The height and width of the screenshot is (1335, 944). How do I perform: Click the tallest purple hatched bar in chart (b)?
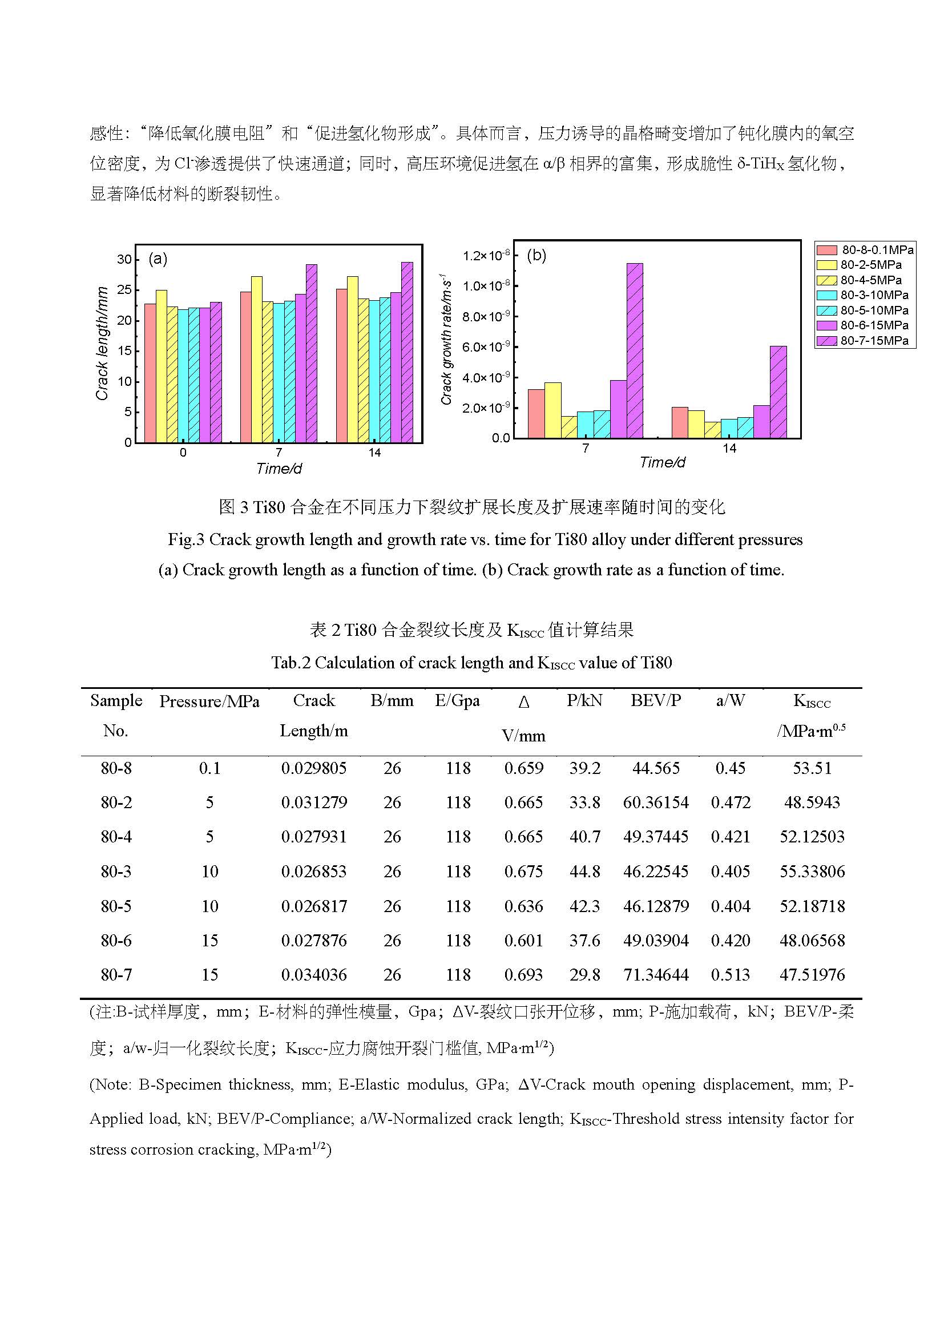pyautogui.click(x=635, y=350)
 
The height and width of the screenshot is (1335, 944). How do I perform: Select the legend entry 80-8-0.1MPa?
pyautogui.click(x=865, y=250)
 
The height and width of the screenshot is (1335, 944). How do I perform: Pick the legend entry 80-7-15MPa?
pyautogui.click(x=865, y=341)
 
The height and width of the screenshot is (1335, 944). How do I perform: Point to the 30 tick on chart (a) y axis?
pyautogui.click(x=124, y=259)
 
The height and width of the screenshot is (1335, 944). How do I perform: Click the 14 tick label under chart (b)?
pyautogui.click(x=729, y=448)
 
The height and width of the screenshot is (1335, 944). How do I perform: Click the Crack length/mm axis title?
pyautogui.click(x=102, y=343)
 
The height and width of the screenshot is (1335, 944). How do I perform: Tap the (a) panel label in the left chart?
pyautogui.click(x=158, y=259)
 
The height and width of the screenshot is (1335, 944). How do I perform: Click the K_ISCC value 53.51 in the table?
pyautogui.click(x=812, y=768)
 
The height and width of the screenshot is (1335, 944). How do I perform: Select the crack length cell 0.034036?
pyautogui.click(x=314, y=974)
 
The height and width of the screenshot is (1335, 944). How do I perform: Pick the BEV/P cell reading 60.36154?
pyautogui.click(x=656, y=802)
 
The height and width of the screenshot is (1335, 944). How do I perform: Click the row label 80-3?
pyautogui.click(x=116, y=871)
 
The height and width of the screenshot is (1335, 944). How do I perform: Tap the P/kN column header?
pyautogui.click(x=584, y=701)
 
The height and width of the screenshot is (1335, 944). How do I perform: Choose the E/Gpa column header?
pyautogui.click(x=458, y=701)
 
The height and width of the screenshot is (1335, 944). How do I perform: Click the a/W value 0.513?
pyautogui.click(x=730, y=974)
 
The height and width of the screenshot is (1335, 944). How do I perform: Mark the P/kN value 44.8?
pyautogui.click(x=584, y=871)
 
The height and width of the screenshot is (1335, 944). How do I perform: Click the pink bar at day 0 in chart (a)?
pyautogui.click(x=150, y=372)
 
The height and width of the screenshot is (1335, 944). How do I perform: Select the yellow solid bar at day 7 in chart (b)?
pyautogui.click(x=553, y=410)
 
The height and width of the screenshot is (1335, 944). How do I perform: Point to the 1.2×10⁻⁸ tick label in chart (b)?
pyautogui.click(x=486, y=256)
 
